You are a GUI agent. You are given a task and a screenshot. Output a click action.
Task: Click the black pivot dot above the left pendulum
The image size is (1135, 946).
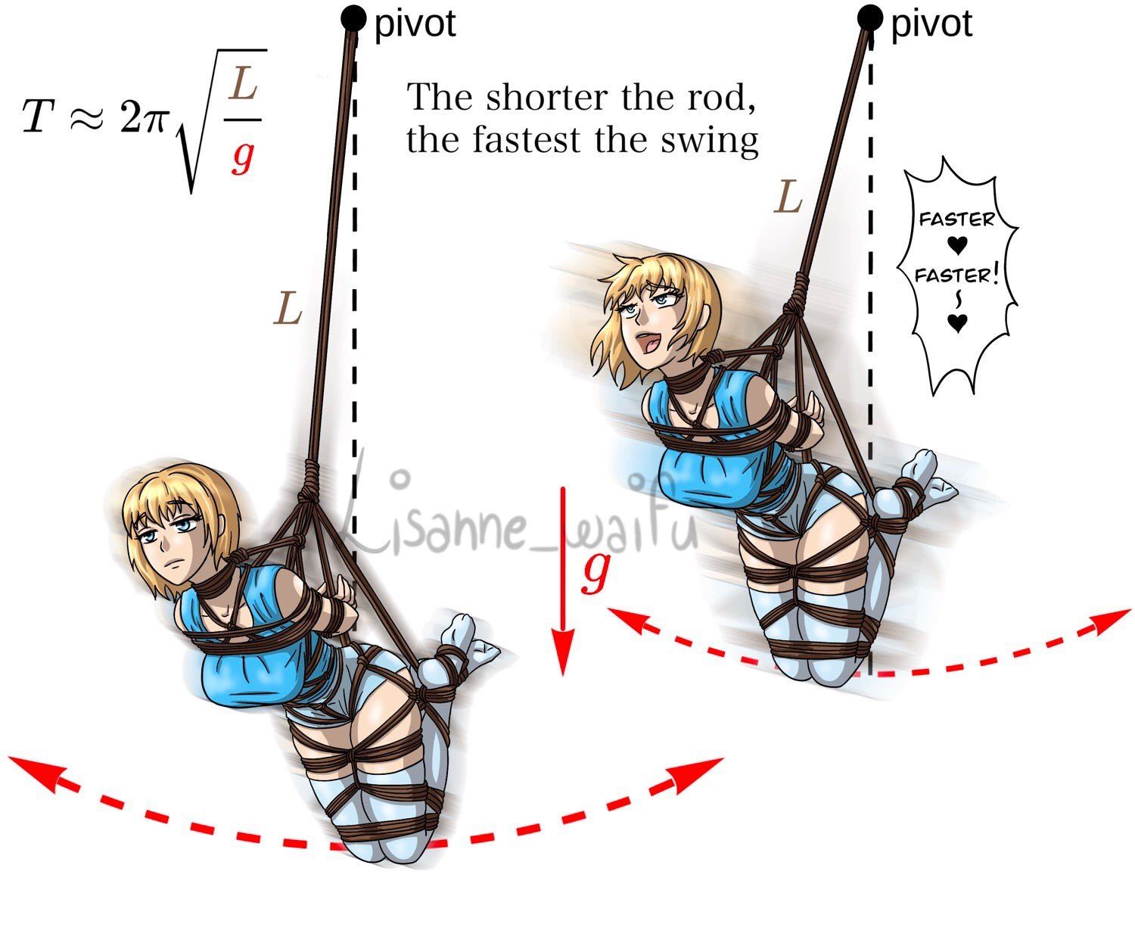[354, 18]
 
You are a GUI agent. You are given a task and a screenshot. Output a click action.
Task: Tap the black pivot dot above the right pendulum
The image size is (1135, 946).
[869, 18]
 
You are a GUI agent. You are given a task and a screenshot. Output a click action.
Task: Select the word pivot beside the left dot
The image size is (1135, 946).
[415, 24]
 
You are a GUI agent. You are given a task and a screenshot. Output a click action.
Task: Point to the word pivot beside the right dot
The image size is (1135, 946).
[931, 24]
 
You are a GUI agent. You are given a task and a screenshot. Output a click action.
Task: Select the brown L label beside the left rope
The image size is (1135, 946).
[288, 307]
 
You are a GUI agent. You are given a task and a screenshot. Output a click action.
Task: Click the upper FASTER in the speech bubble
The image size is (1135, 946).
[956, 219]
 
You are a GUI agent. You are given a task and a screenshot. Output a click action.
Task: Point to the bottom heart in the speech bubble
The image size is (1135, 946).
[957, 323]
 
